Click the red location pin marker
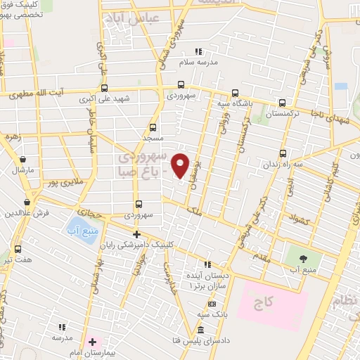pos(181,165)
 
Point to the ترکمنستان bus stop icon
pos(282,102)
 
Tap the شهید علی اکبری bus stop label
pos(104,98)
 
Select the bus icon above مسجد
pos(153,128)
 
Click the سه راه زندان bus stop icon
pos(283,153)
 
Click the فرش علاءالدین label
pos(25,212)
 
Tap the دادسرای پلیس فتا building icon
pos(201,330)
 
